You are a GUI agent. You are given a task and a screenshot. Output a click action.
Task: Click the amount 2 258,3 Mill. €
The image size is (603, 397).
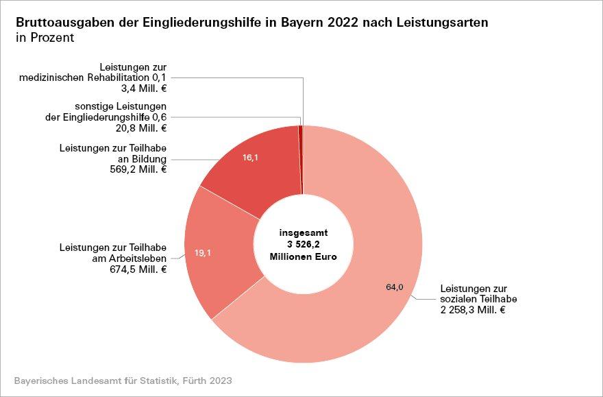(473, 310)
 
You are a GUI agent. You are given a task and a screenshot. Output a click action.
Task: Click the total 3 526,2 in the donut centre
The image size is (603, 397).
(303, 245)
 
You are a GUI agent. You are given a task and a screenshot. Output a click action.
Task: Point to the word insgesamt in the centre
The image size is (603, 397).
(303, 233)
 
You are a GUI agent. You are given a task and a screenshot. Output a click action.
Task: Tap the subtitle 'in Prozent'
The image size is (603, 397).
(45, 38)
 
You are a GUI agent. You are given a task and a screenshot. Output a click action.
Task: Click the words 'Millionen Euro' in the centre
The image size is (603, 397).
(303, 256)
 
